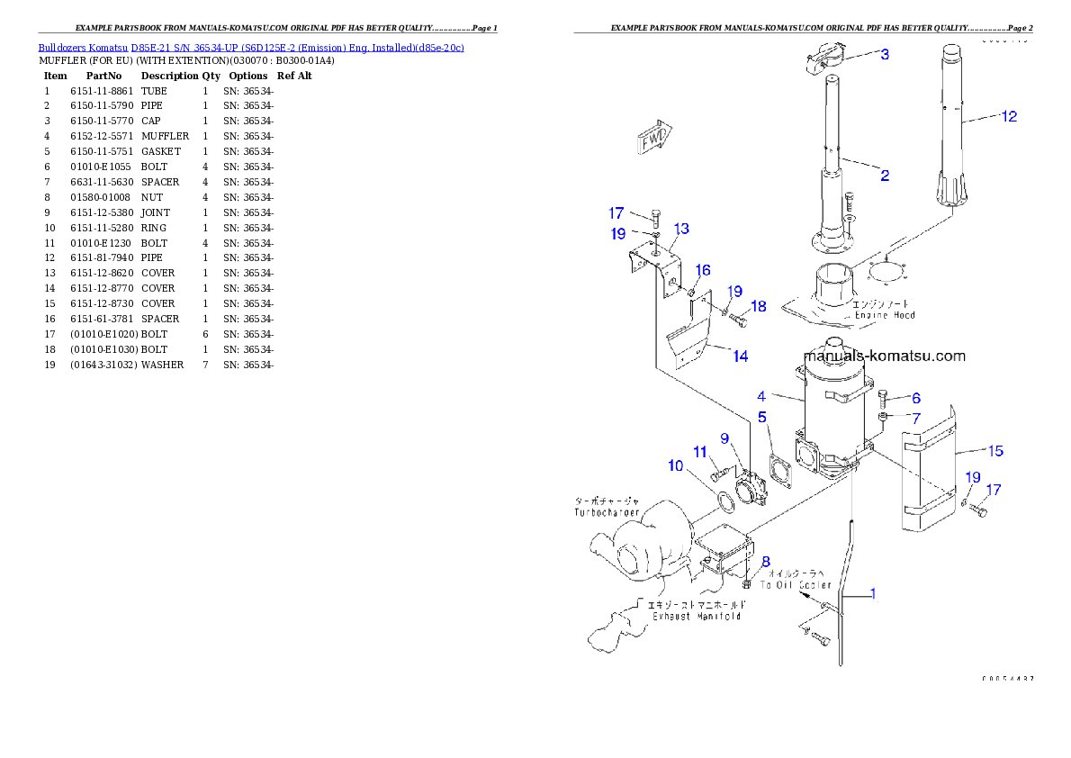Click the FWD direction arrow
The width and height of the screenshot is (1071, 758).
point(654,140)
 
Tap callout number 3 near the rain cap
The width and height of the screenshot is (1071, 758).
point(885,54)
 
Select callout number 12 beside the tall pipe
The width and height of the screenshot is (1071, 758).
point(1009,116)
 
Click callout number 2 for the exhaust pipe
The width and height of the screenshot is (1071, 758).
point(885,176)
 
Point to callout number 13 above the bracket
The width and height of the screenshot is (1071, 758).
point(681,229)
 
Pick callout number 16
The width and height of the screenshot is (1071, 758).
point(703,270)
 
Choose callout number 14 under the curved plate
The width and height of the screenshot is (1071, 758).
point(740,356)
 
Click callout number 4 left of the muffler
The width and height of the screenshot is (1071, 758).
point(761,396)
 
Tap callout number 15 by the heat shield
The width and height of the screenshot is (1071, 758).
point(995,451)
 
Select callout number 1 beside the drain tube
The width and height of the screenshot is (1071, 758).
point(871,594)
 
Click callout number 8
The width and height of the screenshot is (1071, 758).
point(766,562)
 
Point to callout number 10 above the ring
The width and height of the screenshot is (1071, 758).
point(675,465)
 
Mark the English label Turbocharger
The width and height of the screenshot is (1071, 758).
point(607,512)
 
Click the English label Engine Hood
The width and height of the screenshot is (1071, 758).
point(885,315)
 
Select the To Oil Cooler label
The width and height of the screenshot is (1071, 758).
point(796,585)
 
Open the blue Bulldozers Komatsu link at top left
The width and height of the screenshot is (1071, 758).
point(251,47)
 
